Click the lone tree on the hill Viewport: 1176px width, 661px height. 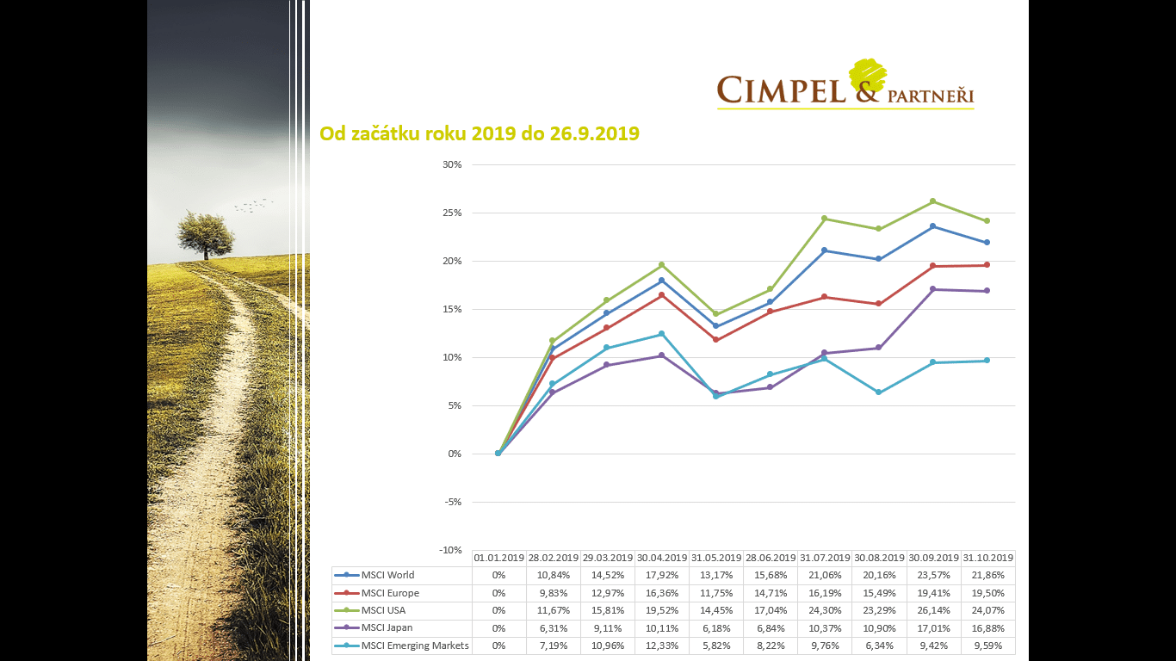(206, 233)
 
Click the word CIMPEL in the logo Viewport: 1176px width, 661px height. (782, 90)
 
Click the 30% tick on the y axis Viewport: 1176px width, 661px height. (452, 164)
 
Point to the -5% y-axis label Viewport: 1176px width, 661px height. (452, 502)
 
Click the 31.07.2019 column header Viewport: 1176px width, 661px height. (825, 558)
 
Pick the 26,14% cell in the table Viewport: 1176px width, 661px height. (933, 610)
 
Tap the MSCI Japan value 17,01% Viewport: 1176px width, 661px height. (933, 628)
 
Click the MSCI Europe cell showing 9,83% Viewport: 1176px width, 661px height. (553, 593)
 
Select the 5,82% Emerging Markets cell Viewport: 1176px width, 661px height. (716, 646)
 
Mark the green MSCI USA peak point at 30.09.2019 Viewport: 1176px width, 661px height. (932, 201)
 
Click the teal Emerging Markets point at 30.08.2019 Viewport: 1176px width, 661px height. (878, 392)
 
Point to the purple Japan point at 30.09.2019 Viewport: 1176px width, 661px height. (932, 289)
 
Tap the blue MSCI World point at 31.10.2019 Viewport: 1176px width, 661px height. (987, 243)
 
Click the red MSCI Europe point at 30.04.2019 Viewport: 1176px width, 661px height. (661, 295)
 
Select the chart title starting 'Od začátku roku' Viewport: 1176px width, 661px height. (479, 133)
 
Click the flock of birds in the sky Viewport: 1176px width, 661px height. (253, 206)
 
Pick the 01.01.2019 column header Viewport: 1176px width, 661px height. (499, 558)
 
